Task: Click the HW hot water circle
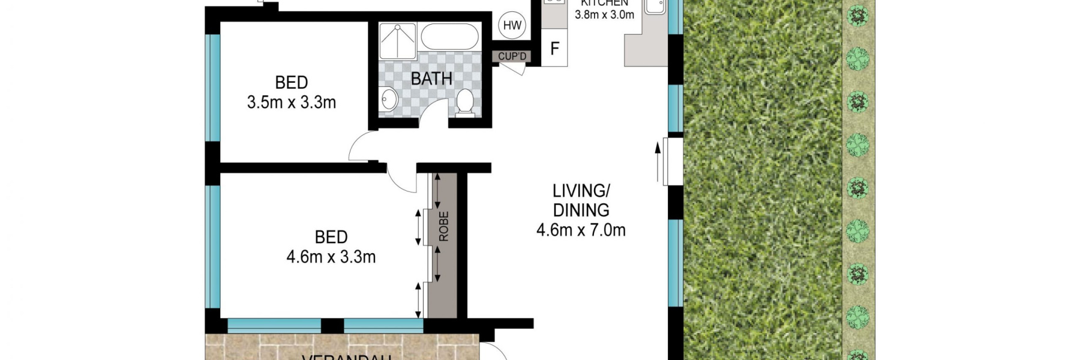[x=512, y=25]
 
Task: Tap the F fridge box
[x=555, y=49]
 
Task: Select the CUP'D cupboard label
[x=512, y=56]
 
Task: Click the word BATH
[x=431, y=79]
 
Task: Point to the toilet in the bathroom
[x=465, y=103]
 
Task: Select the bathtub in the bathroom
[x=449, y=37]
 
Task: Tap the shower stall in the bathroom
[x=398, y=40]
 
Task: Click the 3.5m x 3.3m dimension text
[x=291, y=103]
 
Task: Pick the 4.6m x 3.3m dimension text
[x=331, y=257]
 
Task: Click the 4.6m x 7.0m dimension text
[x=580, y=230]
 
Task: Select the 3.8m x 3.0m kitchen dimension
[x=604, y=15]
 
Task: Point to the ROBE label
[x=443, y=226]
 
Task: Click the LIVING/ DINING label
[x=580, y=200]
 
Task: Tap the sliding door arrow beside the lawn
[x=658, y=161]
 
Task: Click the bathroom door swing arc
[x=432, y=112]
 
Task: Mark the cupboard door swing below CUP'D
[x=515, y=68]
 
